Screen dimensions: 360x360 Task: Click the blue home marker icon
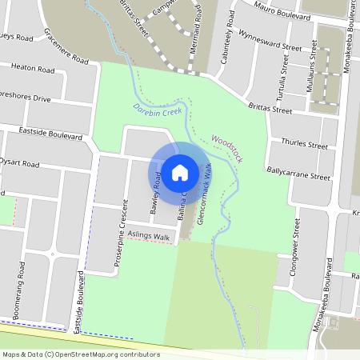pos(179,172)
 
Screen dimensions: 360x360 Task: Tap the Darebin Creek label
pos(158,110)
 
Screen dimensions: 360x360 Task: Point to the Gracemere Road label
pos(66,49)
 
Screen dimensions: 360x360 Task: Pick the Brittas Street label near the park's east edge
pos(270,108)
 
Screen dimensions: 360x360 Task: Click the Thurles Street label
pos(305,145)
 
